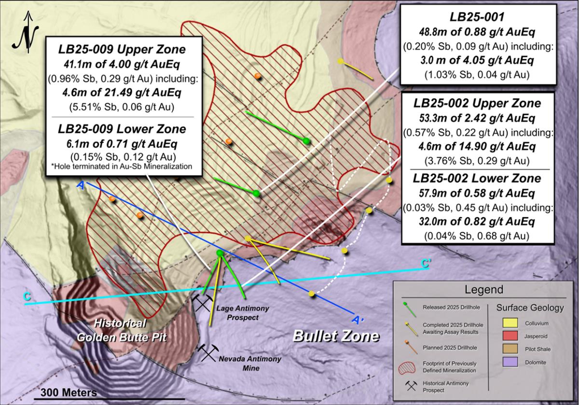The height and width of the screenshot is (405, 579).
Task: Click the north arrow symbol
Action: point(28,34)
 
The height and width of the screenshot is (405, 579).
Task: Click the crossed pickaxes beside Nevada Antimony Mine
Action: point(209,353)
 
